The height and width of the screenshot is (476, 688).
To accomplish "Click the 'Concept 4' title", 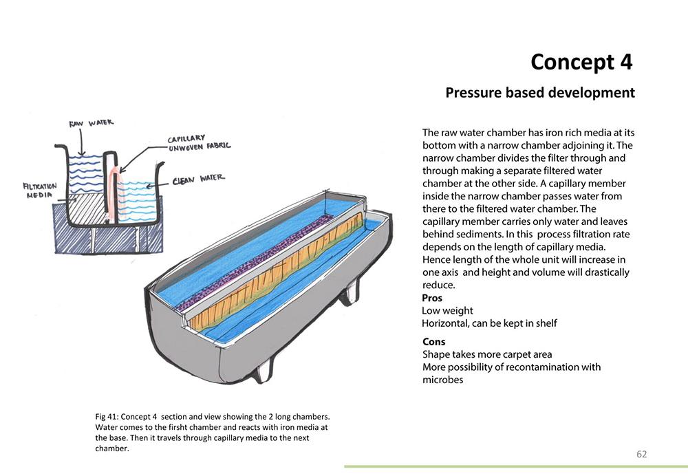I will (581, 62).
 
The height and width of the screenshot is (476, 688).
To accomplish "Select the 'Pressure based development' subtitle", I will (539, 92).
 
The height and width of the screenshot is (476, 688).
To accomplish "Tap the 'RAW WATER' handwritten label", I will (91, 124).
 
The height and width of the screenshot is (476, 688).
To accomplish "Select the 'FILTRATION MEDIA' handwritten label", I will (39, 190).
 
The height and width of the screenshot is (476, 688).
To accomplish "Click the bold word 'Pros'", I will (432, 298).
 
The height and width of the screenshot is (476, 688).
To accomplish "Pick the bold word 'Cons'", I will (433, 342).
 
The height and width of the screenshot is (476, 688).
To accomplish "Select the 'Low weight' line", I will (447, 311).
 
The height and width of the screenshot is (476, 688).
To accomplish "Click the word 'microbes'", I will (442, 380).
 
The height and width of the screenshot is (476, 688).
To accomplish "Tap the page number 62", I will (641, 454).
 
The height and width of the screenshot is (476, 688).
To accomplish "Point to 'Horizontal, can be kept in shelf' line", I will (489, 323).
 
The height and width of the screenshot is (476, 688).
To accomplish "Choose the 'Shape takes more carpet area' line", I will (487, 354).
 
